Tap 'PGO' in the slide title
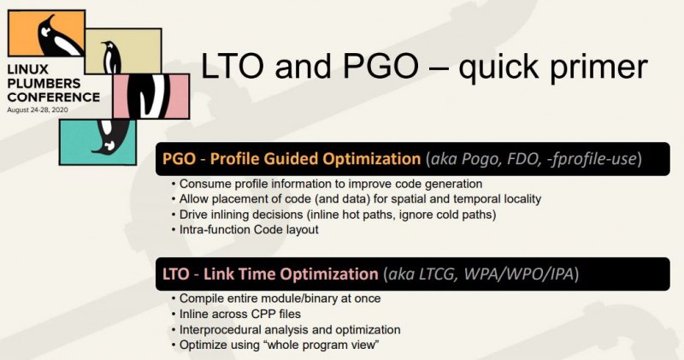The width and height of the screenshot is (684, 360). (380, 66)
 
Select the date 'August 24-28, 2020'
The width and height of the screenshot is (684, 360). (38, 109)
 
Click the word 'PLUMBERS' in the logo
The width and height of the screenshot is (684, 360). (44, 83)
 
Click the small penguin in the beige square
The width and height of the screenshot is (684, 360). (111, 57)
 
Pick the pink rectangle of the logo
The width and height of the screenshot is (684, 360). (151, 96)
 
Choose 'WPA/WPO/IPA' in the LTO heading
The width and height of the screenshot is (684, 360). (518, 274)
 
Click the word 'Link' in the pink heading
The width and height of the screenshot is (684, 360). (220, 274)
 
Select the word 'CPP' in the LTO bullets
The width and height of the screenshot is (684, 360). (251, 314)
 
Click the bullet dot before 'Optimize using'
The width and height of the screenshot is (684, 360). (174, 345)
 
